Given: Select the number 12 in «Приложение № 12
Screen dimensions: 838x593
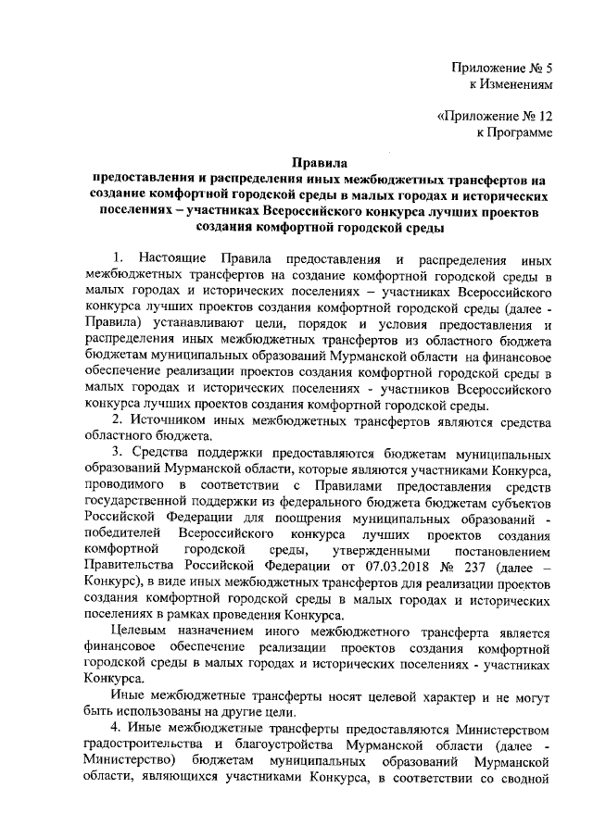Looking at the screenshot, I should click(x=544, y=118).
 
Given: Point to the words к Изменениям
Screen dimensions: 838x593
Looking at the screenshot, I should click(x=511, y=84).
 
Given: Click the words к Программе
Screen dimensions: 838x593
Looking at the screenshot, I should click(x=514, y=134).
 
